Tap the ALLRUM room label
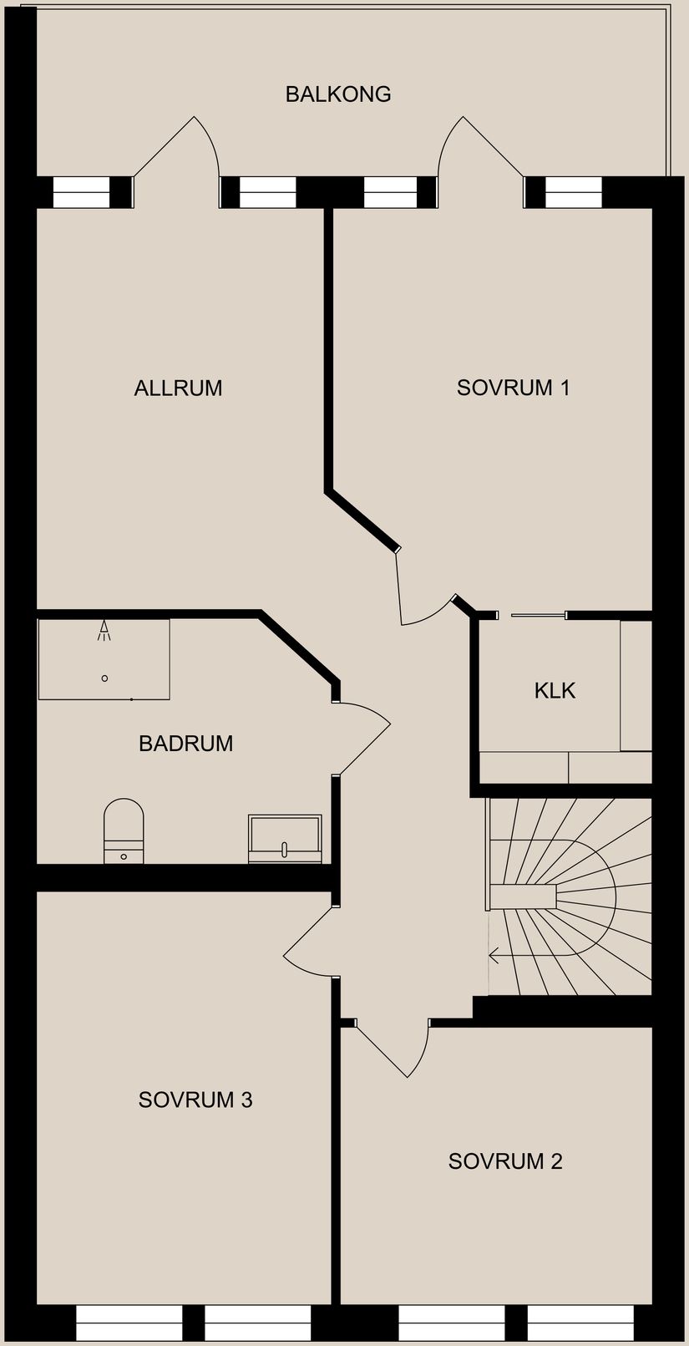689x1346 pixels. (x=178, y=388)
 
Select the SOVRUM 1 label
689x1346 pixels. (x=513, y=388)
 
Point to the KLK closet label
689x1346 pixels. (x=555, y=690)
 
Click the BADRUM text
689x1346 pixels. (x=185, y=743)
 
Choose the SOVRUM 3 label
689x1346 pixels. (x=195, y=1100)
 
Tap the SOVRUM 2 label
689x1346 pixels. (x=505, y=1161)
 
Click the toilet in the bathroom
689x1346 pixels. (x=124, y=830)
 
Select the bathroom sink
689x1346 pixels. (x=285, y=839)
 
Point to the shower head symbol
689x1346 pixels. (x=104, y=631)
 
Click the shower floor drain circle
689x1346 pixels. (x=104, y=678)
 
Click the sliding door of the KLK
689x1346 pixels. (x=539, y=615)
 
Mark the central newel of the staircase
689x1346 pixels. (x=523, y=897)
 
